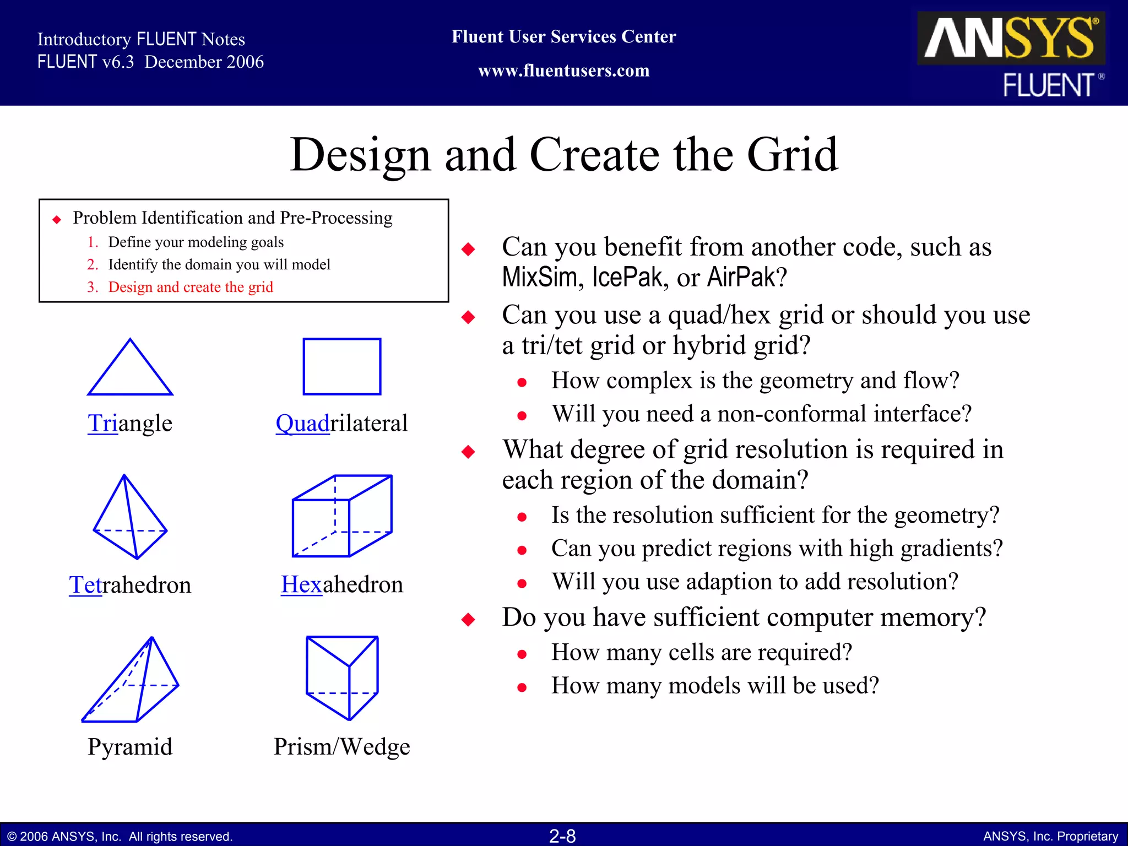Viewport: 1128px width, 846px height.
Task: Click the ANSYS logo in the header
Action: click(x=1011, y=39)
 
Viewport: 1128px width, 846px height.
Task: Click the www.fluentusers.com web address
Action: click(x=563, y=70)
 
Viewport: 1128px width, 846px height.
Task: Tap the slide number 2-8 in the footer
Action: click(x=562, y=836)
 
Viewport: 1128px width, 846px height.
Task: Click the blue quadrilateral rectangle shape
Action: click(x=342, y=366)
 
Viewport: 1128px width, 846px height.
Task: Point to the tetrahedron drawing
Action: click(x=130, y=518)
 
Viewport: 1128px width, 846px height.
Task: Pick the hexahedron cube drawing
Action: click(x=342, y=517)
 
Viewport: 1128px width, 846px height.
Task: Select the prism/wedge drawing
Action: click(x=342, y=677)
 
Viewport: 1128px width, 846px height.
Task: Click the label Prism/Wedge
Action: click(x=342, y=747)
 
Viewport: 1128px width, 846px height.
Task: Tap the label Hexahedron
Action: click(x=342, y=584)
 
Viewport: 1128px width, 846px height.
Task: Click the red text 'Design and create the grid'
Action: click(x=191, y=287)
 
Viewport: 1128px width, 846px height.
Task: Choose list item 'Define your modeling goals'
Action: click(x=196, y=242)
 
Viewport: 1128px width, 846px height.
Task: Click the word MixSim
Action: click(x=540, y=277)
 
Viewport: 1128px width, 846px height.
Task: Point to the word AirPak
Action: click(x=741, y=277)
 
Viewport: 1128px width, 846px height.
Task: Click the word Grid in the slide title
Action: click(x=793, y=155)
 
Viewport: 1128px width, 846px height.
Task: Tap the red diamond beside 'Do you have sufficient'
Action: click(x=468, y=620)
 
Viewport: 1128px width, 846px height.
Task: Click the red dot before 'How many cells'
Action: click(x=522, y=654)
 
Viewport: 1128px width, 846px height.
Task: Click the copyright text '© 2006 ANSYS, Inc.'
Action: click(x=65, y=837)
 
